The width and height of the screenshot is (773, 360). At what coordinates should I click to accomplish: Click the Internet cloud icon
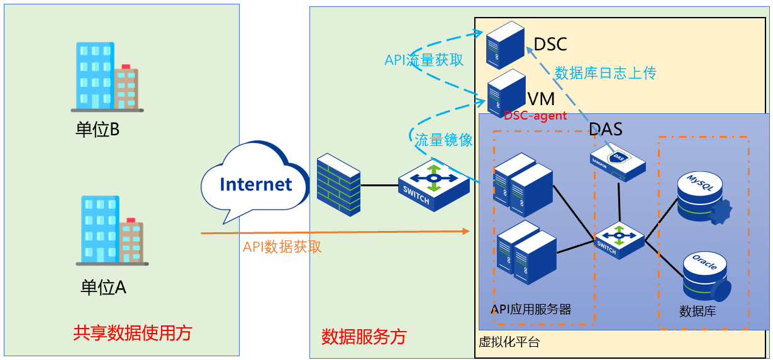tap(255, 183)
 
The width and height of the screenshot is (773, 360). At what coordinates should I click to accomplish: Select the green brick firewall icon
tap(338, 183)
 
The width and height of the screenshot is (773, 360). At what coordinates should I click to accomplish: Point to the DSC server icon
tap(505, 44)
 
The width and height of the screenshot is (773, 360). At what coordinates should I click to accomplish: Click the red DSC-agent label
tap(535, 116)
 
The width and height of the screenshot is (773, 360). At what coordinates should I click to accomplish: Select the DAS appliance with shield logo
tap(618, 163)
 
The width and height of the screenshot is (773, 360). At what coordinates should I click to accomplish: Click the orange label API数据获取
tap(282, 247)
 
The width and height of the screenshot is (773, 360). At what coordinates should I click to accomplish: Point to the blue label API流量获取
tap(424, 60)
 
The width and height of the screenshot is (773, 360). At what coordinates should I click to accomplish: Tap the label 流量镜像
tap(443, 140)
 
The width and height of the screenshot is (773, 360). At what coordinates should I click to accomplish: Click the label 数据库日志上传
tap(605, 73)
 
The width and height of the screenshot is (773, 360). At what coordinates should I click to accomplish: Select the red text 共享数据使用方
tap(133, 332)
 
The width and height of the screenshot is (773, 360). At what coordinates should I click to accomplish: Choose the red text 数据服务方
tap(364, 337)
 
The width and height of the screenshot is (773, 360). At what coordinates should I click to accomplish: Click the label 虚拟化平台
tap(509, 343)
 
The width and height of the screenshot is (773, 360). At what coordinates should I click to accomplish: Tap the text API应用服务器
tap(531, 309)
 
